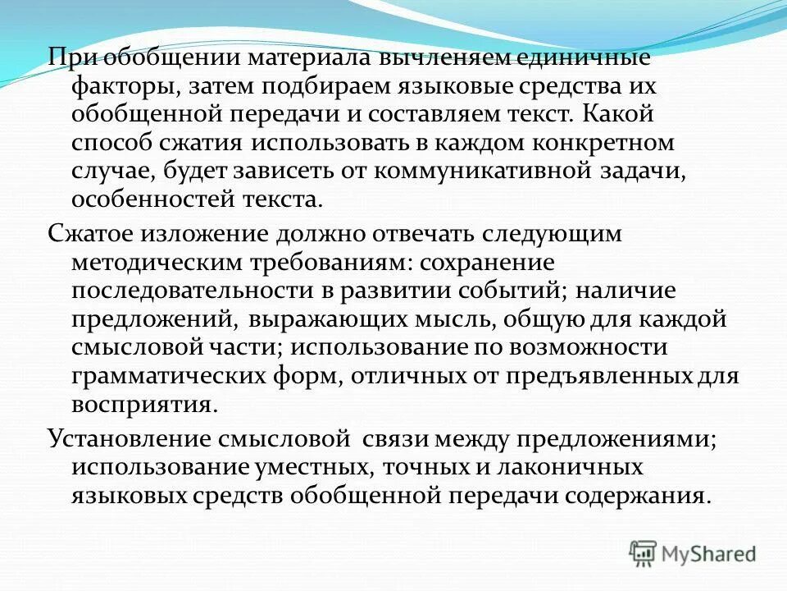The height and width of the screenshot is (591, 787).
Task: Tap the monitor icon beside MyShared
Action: click(x=644, y=552)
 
